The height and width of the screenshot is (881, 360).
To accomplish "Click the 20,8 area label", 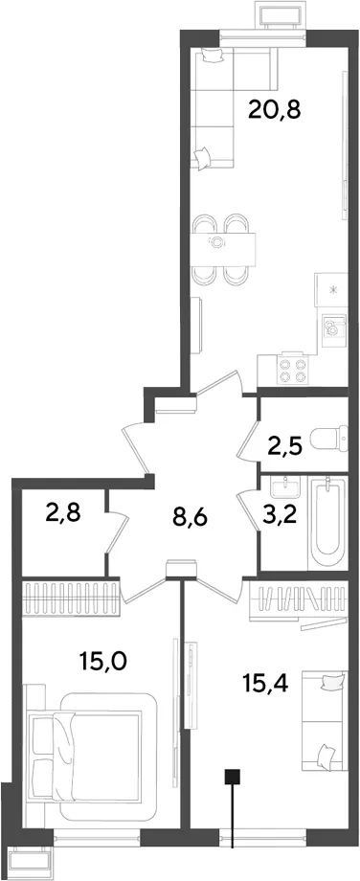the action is pyautogui.click(x=275, y=109).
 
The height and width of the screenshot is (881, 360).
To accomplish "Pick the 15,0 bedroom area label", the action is pyautogui.click(x=102, y=661).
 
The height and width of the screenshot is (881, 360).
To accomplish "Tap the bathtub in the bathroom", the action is pyautogui.click(x=326, y=523).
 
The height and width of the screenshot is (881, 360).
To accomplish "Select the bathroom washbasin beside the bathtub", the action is pyautogui.click(x=286, y=486).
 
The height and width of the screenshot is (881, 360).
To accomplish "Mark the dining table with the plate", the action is pyautogui.click(x=223, y=248).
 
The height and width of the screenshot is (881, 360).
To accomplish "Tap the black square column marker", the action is pyautogui.click(x=233, y=777).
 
